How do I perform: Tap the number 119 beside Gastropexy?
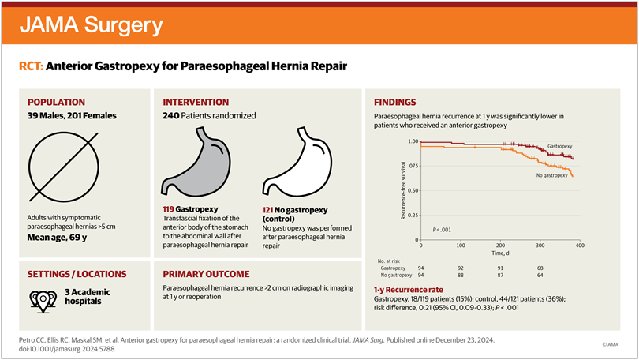point(171,209)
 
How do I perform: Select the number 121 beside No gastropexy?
point(270,209)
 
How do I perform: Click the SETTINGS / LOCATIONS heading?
point(77,274)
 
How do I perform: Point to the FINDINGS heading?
point(397,103)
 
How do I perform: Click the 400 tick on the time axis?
point(578,246)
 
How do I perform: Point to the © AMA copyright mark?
point(609,344)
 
